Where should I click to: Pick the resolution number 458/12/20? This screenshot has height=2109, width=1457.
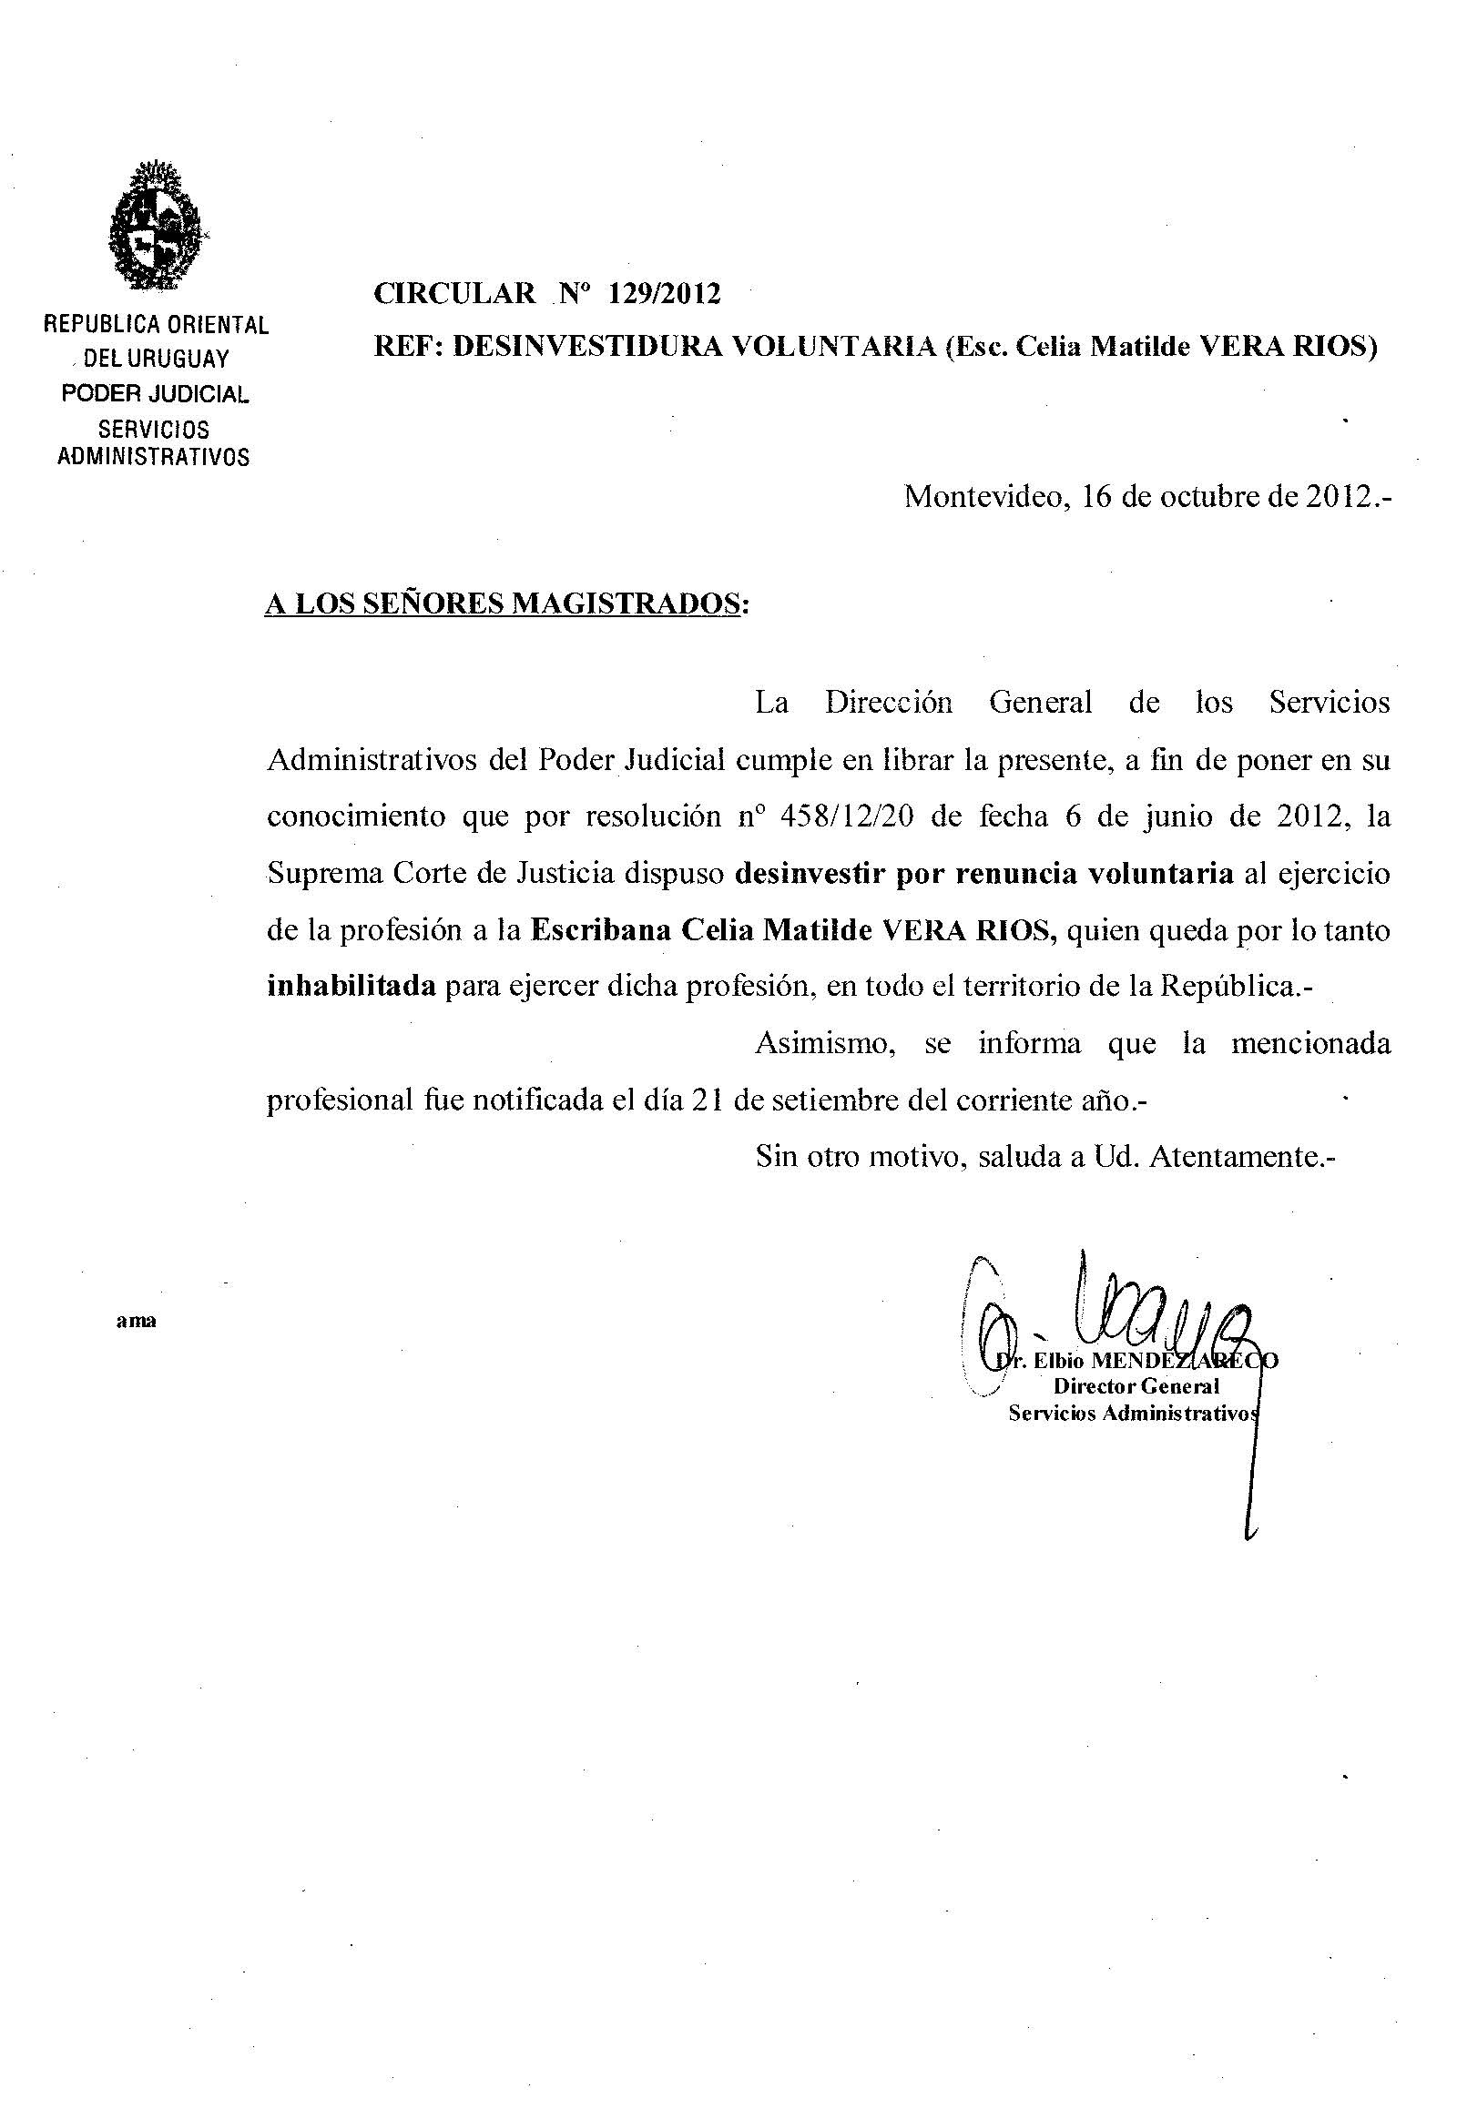(x=848, y=816)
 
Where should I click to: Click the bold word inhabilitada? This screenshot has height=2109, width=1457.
(x=351, y=987)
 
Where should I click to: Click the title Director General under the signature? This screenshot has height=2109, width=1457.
(x=1136, y=1386)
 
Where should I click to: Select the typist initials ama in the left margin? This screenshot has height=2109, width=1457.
(x=136, y=1321)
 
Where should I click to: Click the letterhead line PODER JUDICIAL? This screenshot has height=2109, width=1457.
(x=155, y=394)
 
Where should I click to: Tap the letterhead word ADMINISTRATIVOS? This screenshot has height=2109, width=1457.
(x=153, y=457)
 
